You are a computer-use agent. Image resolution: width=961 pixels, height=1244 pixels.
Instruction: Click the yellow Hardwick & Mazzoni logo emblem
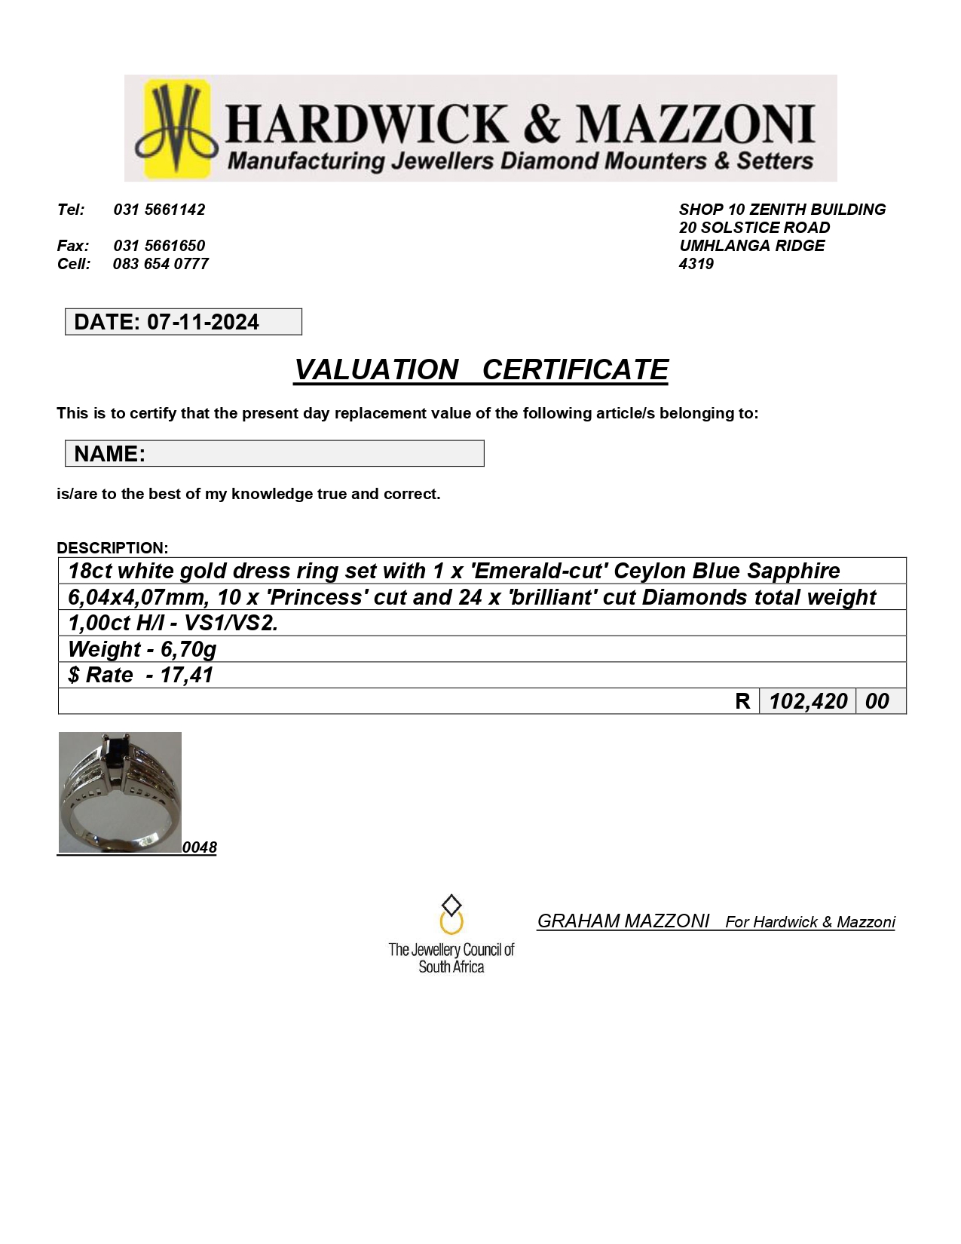tap(176, 128)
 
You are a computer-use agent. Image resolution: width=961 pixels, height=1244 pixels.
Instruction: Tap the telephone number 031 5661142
tap(159, 210)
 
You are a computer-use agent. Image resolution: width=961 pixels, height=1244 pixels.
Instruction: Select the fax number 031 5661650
tap(159, 246)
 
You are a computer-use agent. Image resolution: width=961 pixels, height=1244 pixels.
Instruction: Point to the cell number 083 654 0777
tap(161, 264)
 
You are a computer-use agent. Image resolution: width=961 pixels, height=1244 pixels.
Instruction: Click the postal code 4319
tap(696, 264)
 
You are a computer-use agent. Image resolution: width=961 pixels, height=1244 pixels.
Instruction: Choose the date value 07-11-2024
tap(203, 322)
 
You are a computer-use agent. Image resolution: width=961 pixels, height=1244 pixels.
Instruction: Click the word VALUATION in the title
tap(376, 369)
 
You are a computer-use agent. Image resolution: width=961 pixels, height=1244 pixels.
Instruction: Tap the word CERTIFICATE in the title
tap(574, 369)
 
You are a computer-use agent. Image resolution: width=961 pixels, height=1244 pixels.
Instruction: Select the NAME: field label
tap(109, 454)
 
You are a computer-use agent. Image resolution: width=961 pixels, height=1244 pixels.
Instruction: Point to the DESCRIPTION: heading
tap(112, 548)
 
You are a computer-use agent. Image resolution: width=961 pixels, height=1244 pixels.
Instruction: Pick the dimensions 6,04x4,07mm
tap(138, 597)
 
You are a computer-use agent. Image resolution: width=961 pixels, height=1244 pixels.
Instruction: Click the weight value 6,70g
tap(188, 649)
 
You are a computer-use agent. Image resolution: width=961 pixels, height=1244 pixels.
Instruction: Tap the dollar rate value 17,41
tap(186, 675)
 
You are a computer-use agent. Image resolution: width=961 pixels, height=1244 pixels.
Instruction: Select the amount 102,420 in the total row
tap(808, 701)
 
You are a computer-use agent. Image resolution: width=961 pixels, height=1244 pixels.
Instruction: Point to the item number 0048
tap(200, 847)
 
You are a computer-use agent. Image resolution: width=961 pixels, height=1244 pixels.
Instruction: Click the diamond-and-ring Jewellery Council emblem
tap(451, 914)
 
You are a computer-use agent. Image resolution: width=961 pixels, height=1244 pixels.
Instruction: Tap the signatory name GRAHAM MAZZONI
tap(623, 921)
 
